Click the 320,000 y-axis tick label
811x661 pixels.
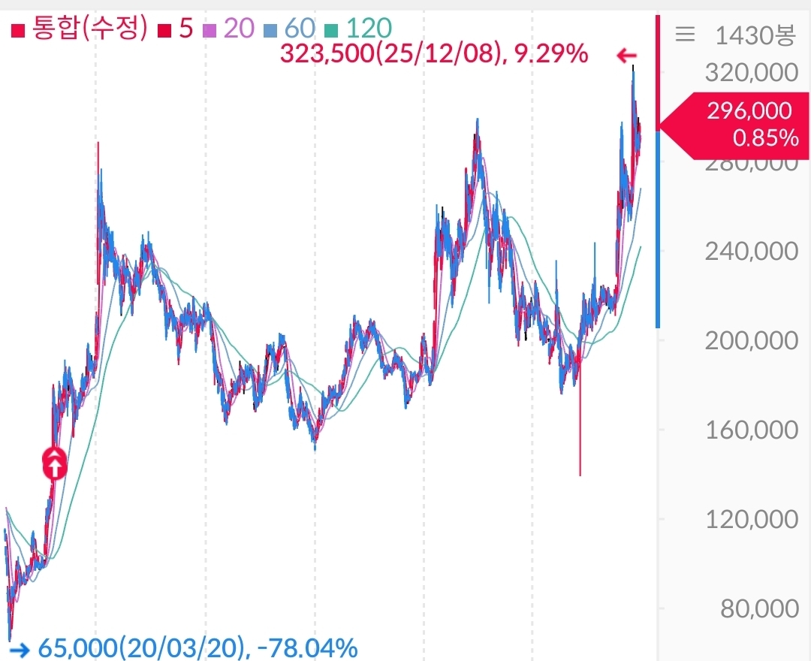[750, 74]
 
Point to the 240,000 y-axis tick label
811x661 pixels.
[750, 252]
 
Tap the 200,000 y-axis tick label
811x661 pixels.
[750, 341]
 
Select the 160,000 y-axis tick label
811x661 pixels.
[750, 430]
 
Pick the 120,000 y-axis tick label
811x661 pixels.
[750, 520]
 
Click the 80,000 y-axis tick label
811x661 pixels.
[759, 608]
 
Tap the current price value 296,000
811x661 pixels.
[749, 111]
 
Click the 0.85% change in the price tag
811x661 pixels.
[765, 138]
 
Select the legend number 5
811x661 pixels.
[185, 29]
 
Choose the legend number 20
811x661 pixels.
[239, 29]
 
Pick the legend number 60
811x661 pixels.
[300, 29]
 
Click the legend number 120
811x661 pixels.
[369, 29]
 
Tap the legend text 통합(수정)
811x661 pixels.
[88, 29]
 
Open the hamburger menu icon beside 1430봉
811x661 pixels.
[685, 35]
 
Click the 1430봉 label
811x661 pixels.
[755, 35]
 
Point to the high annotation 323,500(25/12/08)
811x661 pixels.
[390, 54]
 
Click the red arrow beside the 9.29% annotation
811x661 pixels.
[626, 55]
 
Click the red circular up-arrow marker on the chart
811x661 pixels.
[54, 463]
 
